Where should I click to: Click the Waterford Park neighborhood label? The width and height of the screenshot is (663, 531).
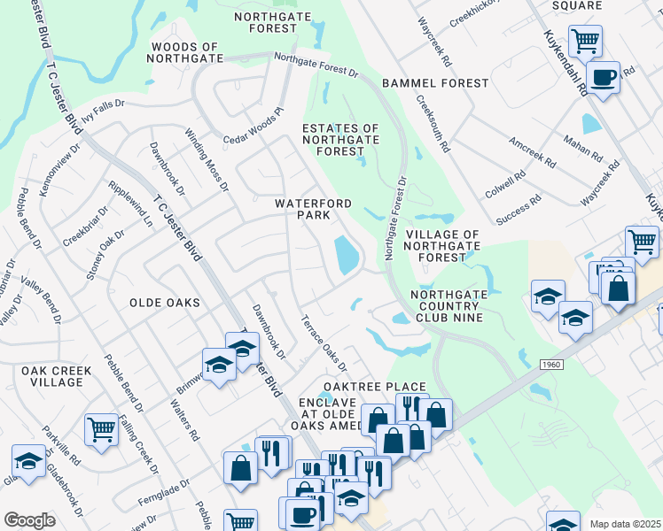[302, 209]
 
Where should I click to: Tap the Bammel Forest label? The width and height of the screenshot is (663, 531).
[435, 83]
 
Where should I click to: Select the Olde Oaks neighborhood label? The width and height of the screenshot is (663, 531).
[164, 303]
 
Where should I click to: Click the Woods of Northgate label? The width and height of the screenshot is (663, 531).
[184, 54]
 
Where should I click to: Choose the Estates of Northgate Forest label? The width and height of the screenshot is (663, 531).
[341, 140]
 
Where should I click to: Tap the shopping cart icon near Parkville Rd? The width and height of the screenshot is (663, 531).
[101, 429]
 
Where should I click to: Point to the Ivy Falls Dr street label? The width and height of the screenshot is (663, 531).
[104, 111]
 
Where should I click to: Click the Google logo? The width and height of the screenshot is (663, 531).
[29, 520]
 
